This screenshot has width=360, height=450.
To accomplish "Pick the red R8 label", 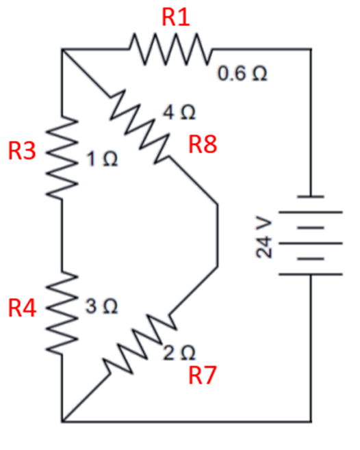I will pos(205,144).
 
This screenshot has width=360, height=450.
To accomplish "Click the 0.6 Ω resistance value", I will pos(242,74).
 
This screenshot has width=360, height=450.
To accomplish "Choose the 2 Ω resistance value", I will pos(181,353).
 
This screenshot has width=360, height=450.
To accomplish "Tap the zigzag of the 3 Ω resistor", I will pos(62,313).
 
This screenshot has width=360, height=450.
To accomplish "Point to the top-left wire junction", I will pos(62,49).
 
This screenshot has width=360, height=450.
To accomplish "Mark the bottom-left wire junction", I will pos(62,420).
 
